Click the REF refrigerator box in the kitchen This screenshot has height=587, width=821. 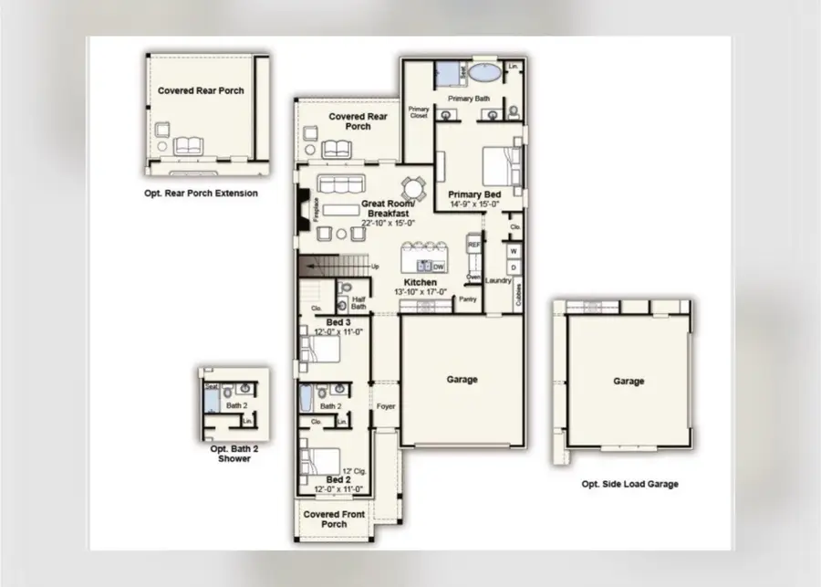[x=473, y=246]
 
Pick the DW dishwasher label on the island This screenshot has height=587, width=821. [x=438, y=267]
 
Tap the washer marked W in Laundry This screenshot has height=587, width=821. [x=514, y=250]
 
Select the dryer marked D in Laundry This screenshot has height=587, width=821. [x=514, y=267]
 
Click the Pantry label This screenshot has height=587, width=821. [x=468, y=299]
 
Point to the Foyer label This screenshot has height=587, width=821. [x=386, y=406]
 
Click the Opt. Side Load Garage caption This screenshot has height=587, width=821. [x=629, y=484]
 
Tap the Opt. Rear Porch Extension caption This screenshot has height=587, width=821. [x=201, y=194]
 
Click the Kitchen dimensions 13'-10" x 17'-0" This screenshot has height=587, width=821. [x=421, y=292]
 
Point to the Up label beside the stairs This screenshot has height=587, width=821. [x=374, y=267]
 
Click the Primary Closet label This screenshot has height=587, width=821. [x=419, y=112]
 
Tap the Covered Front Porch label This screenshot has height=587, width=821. [x=334, y=519]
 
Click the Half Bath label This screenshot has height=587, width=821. [x=358, y=303]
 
